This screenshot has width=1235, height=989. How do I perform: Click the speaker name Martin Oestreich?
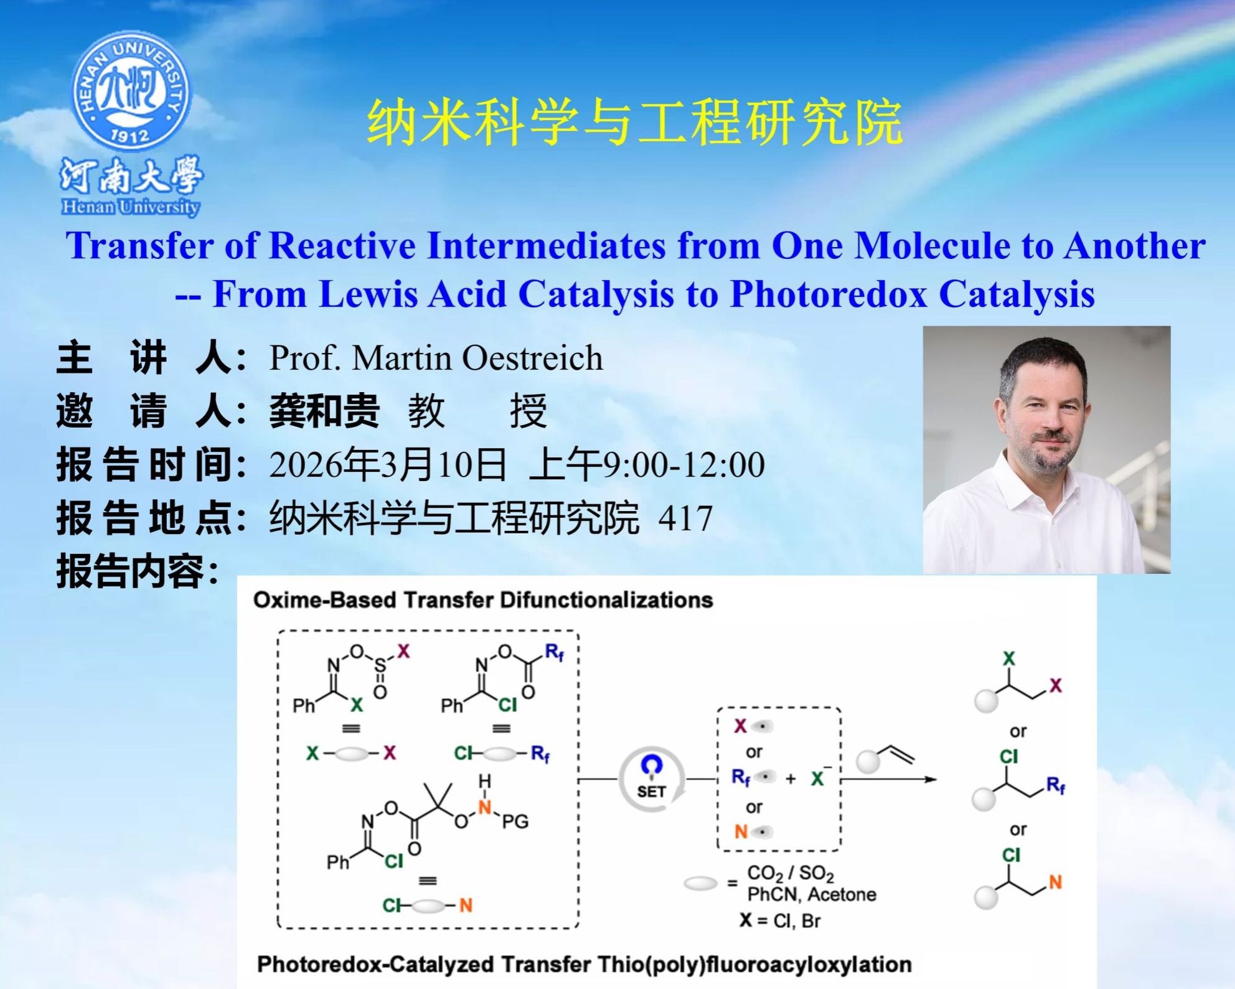point(477,358)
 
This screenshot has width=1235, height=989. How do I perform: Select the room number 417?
point(685,518)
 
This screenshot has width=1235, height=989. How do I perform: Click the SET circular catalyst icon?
point(651,780)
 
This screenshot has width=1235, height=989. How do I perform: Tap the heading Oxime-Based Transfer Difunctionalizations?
point(483,600)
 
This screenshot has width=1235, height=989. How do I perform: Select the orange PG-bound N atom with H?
point(484,807)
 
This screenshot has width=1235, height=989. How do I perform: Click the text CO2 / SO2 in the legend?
point(791,874)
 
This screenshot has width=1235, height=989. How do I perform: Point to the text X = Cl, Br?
point(780,921)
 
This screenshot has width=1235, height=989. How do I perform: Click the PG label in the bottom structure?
point(515,822)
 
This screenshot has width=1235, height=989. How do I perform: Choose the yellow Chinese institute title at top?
point(635,122)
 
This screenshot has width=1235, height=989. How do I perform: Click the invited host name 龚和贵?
point(324,411)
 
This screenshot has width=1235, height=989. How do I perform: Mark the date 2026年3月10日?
point(388,464)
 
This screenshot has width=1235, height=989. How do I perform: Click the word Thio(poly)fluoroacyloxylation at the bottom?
point(754,965)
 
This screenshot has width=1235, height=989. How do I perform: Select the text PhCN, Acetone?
point(812,895)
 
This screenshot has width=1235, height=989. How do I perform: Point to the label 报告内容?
point(138,571)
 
